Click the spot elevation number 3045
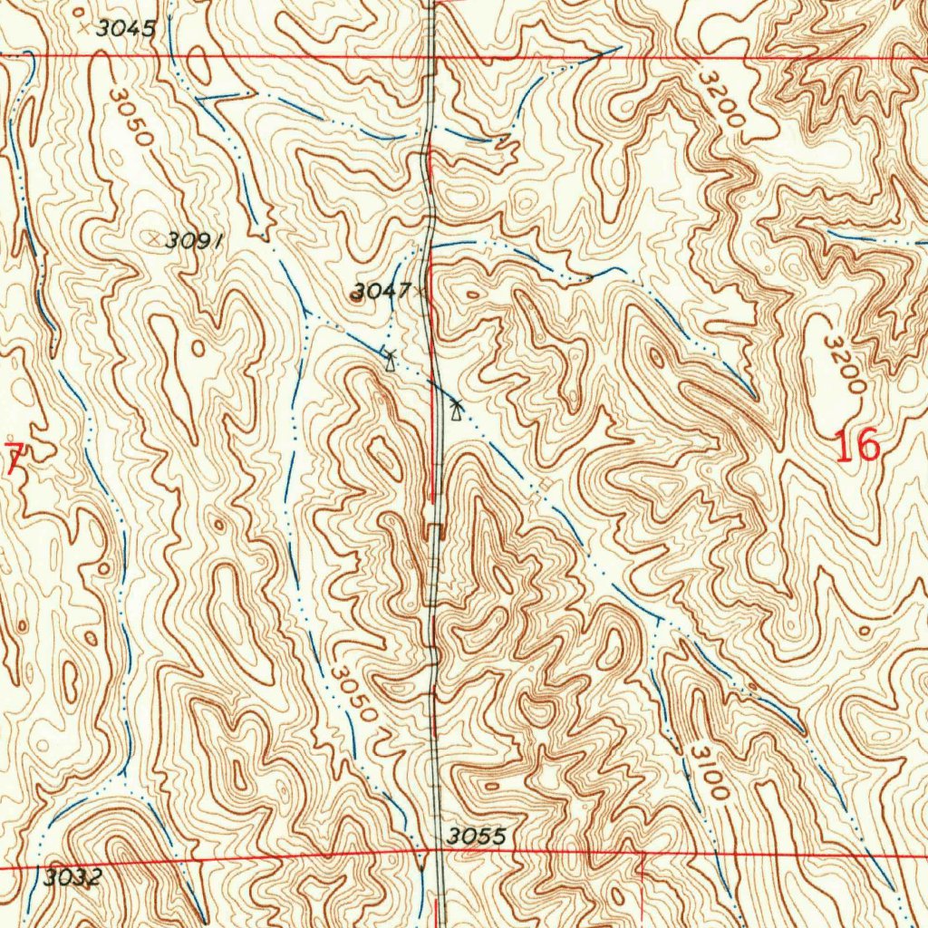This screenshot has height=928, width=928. [x=126, y=28]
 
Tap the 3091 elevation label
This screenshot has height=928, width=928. [x=195, y=239]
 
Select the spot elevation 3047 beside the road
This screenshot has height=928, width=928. [x=381, y=291]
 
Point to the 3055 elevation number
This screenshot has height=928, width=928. [x=475, y=836]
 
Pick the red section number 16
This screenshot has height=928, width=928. [x=856, y=447]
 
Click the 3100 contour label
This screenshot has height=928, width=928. [x=708, y=770]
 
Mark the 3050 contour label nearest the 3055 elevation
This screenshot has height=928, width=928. [x=353, y=694]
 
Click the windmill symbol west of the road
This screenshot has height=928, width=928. [x=390, y=360]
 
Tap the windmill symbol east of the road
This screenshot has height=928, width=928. [x=455, y=411]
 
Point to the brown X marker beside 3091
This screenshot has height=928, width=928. [x=155, y=237]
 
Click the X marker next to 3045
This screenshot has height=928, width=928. [x=84, y=29]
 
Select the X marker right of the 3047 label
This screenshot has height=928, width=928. [x=420, y=292]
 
